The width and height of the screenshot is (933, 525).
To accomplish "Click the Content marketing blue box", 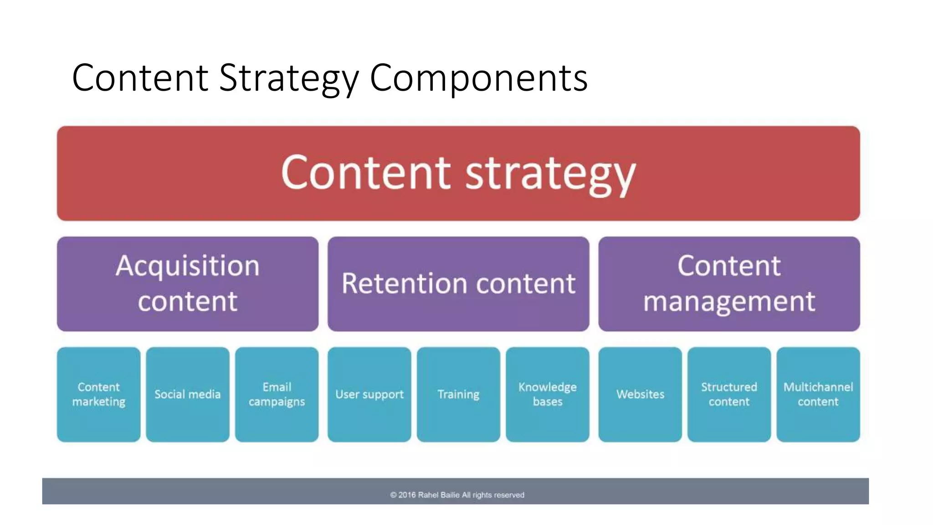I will point(98,394).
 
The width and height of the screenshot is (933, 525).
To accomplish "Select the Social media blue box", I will point(187,394).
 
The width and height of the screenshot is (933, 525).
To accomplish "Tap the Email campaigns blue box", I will point(277,394).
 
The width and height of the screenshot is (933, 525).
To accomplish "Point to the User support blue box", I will point(369,394).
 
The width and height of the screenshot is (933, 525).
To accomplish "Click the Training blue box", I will point(458,394).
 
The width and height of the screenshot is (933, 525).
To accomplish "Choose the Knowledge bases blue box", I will point(547,394).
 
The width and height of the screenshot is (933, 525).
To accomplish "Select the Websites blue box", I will point(640,394).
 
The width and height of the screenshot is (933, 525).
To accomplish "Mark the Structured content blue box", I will point(729,394).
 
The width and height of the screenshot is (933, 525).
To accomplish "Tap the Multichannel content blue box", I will point(818,394).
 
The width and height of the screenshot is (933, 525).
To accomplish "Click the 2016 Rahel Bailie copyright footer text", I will point(457,495).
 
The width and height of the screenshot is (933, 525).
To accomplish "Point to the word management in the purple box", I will point(729,301).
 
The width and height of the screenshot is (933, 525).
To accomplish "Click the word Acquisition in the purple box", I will point(187,266).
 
